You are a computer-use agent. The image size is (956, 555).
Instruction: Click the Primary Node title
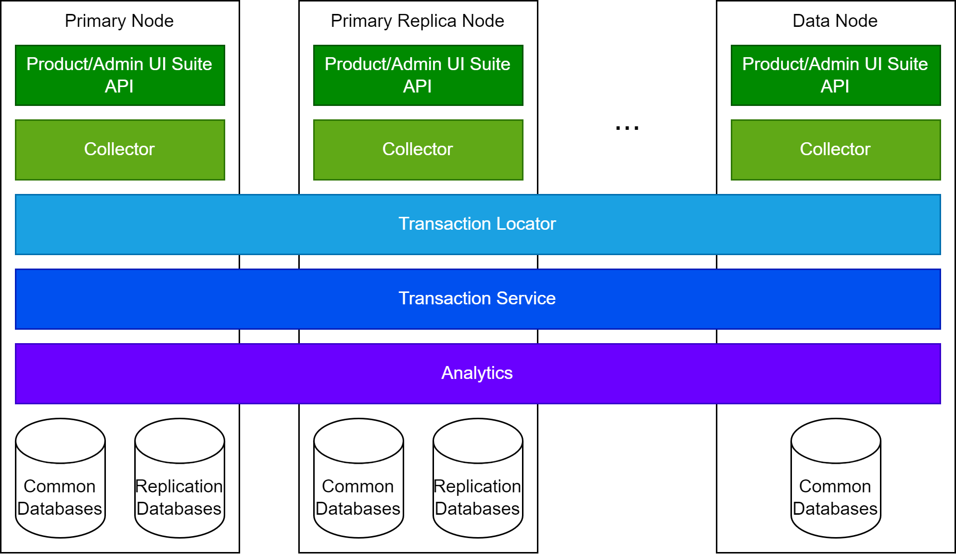pyautogui.click(x=119, y=21)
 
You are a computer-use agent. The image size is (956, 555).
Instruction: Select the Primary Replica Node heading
pyautogui.click(x=418, y=21)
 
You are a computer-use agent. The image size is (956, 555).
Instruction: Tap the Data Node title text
pyautogui.click(x=835, y=21)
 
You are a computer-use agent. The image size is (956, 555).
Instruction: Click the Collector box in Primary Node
pyautogui.click(x=120, y=149)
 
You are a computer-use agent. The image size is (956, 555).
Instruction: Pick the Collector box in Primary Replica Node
pyautogui.click(x=418, y=149)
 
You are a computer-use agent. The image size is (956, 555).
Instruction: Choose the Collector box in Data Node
pyautogui.click(x=836, y=149)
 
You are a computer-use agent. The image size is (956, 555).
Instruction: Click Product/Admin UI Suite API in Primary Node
pyautogui.click(x=120, y=75)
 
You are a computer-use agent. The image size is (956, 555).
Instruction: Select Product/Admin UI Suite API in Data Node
pyautogui.click(x=836, y=75)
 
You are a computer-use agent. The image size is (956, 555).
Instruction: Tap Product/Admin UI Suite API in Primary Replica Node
pyautogui.click(x=418, y=75)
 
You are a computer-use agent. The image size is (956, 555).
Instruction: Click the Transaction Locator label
pyautogui.click(x=477, y=224)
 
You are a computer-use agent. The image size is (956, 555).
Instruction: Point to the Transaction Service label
pyautogui.click(x=477, y=298)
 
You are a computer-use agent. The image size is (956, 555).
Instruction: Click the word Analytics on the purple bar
pyautogui.click(x=477, y=373)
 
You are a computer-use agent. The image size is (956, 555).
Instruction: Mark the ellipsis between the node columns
pyautogui.click(x=627, y=128)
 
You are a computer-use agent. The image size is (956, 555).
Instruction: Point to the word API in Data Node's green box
pyautogui.click(x=835, y=87)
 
